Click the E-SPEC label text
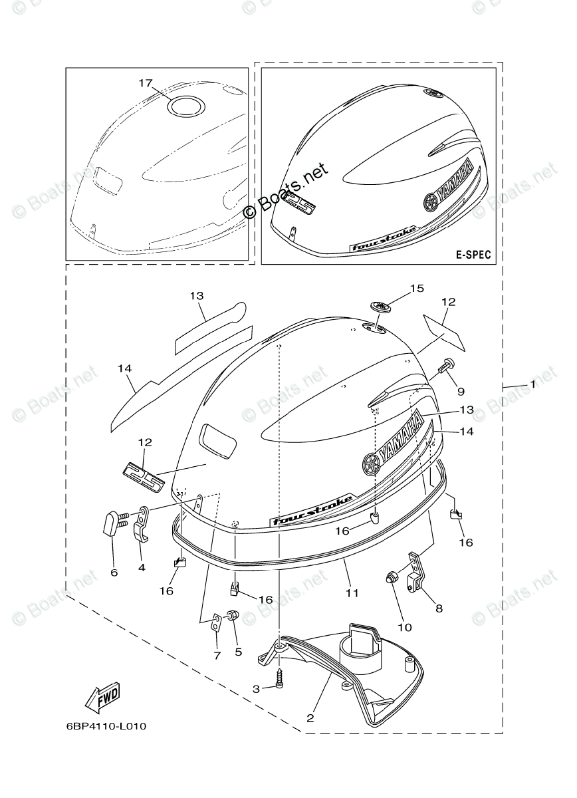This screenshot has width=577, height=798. (x=473, y=255)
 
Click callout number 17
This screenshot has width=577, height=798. (x=146, y=83)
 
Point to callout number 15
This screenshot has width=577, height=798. (x=417, y=288)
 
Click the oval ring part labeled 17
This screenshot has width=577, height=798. (x=186, y=106)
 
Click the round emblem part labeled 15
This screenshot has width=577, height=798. (x=381, y=306)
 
